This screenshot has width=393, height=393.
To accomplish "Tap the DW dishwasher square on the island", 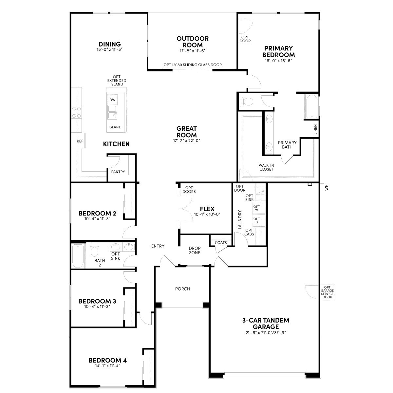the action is [112, 100].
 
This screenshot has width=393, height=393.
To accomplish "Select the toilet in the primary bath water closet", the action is [246, 101].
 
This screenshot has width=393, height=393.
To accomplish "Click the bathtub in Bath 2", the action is [78, 256].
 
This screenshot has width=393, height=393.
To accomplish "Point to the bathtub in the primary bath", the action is [311, 106].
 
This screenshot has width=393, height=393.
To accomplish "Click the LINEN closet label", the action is [315, 129].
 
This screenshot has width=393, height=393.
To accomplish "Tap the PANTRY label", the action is [118, 172].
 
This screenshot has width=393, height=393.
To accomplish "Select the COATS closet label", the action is [221, 242].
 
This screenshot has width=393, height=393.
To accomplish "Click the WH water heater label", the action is [327, 187].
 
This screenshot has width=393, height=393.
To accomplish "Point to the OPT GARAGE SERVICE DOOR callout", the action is [327, 292].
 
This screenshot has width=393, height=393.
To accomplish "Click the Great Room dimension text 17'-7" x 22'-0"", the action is [187, 140].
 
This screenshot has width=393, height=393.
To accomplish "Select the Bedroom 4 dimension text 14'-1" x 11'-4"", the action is [107, 366].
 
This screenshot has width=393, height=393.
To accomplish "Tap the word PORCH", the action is [182, 289].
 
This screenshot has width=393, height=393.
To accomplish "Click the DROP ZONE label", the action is [195, 251].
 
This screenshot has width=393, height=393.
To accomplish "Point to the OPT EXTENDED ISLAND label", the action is [117, 80].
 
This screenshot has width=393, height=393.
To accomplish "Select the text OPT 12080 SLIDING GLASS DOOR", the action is [193, 65].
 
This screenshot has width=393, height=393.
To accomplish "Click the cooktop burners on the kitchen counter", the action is [76, 112].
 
